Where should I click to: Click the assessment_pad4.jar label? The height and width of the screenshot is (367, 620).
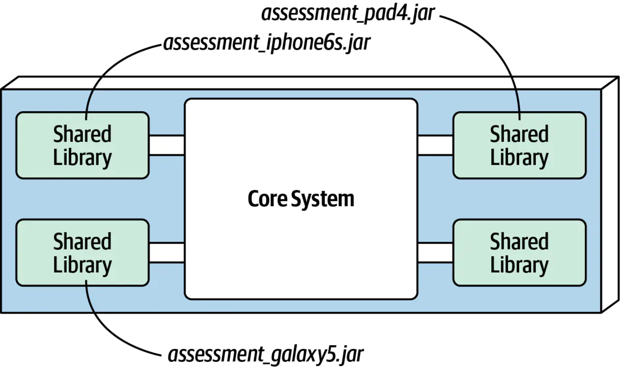point(348,13)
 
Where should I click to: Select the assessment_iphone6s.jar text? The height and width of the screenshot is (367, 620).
point(267,43)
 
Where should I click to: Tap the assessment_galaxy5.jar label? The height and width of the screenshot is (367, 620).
point(266,355)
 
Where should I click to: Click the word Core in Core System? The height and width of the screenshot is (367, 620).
point(268,199)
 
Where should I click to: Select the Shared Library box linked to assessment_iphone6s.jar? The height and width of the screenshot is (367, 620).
point(83,145)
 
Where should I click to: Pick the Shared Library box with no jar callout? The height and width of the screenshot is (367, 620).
point(520,253)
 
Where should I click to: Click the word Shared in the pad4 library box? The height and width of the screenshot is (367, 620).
point(519,134)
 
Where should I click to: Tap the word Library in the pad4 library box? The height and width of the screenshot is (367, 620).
point(519,157)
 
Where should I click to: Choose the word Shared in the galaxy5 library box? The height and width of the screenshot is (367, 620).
point(82,241)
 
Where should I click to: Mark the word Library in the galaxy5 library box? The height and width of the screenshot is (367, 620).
point(82,265)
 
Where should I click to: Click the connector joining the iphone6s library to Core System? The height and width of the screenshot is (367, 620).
point(167,145)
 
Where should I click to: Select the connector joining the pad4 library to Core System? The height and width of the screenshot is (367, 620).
point(435,145)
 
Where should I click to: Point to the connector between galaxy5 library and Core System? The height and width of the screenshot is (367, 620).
point(167,253)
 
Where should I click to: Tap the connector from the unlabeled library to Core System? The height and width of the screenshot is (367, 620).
point(435,253)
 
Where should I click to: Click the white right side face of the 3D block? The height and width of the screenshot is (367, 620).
point(610,194)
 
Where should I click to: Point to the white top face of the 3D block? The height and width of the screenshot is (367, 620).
point(310,83)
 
